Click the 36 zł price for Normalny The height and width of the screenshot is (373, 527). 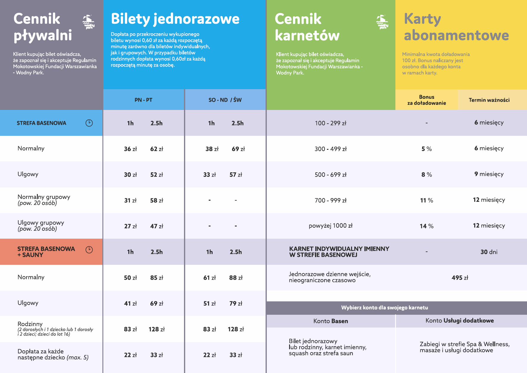tap(130, 149)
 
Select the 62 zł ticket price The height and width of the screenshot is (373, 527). tap(157, 149)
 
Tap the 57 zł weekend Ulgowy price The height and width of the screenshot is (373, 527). tap(236, 175)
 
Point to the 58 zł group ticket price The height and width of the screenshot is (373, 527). tap(157, 201)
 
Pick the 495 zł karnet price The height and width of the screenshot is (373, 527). tap(460, 278)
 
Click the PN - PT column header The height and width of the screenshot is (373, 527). tap(143, 100)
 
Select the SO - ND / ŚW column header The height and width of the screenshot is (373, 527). tap(225, 100)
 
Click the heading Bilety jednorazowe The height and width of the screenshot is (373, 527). tap(175, 19)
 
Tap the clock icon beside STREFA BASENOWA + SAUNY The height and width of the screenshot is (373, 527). tap(89, 250)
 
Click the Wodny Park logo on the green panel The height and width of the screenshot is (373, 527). tap(382, 22)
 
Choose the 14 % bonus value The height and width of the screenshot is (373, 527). tap(426, 226)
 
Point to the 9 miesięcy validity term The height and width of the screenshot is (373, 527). tap(489, 174)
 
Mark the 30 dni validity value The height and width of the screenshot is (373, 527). tap(489, 252)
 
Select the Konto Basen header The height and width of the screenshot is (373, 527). tap(330, 321)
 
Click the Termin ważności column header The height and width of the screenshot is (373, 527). tap(489, 100)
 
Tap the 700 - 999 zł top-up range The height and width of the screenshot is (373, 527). tap(330, 201)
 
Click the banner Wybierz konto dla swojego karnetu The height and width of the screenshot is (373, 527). tap(384, 308)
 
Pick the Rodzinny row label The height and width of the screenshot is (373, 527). tap(30, 324)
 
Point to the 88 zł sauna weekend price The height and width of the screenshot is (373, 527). tap(236, 278)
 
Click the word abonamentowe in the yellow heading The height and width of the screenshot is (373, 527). tap(456, 35)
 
